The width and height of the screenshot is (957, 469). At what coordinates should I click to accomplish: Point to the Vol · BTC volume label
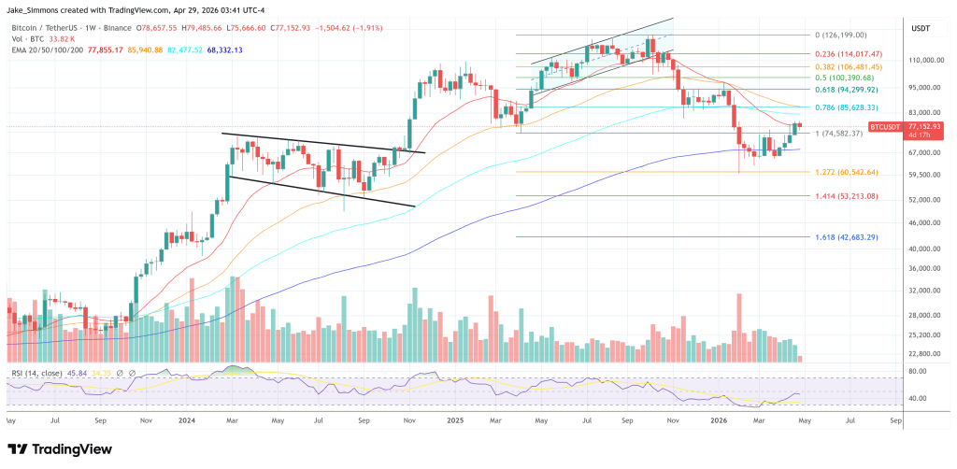[x=28, y=39]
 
